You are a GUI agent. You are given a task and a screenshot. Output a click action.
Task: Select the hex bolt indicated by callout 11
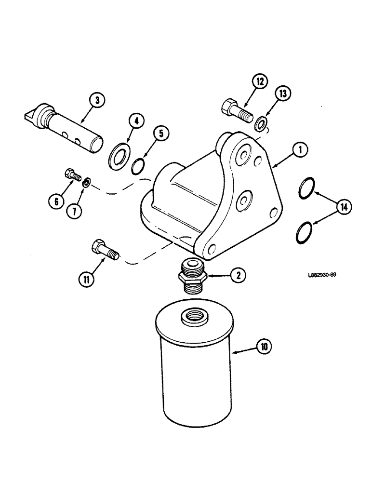(104, 250)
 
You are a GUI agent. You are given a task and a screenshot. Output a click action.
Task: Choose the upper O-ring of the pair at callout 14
(304, 188)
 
